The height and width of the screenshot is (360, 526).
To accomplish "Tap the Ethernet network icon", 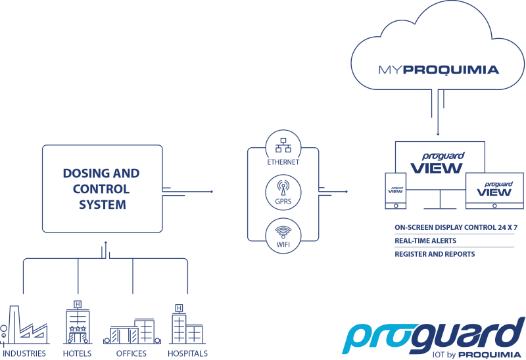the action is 283,145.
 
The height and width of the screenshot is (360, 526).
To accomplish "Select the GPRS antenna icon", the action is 283,188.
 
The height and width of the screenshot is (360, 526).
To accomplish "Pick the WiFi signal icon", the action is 283,232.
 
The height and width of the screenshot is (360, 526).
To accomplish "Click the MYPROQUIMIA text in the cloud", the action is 439,70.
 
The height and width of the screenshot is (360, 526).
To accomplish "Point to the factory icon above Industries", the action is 24,325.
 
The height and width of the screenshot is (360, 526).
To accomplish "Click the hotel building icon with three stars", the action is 78,323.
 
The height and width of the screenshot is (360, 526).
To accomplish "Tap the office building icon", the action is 132,331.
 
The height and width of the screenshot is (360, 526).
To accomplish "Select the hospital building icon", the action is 187,325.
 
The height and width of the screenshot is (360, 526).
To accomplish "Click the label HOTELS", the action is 77,353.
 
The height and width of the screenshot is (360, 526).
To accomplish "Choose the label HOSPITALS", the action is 187,353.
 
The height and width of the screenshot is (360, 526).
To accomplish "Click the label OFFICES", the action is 131,353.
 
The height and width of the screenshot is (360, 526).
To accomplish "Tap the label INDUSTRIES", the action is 24,353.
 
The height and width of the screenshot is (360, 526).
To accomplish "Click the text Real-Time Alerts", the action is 425,240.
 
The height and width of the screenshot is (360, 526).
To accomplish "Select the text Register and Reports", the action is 435,254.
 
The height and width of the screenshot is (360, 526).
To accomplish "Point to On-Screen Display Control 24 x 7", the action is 456,227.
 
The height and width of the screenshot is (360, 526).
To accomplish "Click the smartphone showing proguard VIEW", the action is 396,191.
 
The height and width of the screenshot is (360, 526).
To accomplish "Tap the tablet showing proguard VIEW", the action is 494,191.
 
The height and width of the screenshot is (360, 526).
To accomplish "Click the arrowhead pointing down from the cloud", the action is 438,134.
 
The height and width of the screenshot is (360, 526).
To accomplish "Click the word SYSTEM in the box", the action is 103,204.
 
